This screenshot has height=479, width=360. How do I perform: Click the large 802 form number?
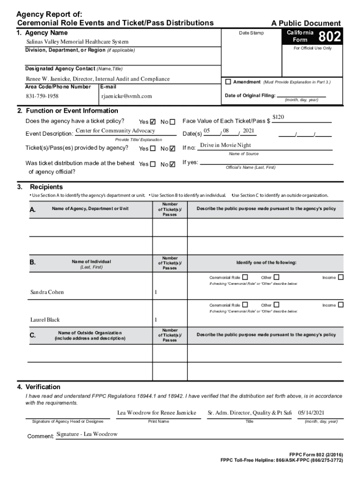coord(330,36)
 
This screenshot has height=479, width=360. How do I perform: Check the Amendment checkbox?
coord(228,82)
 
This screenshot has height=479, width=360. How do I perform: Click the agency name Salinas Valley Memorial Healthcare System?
coord(77,42)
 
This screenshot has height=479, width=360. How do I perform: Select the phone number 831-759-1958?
coord(42,96)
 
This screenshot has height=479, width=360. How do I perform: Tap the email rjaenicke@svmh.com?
coord(126,96)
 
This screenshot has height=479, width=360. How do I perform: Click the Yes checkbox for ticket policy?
coord(153,122)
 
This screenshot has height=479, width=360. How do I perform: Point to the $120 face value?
coord(279,117)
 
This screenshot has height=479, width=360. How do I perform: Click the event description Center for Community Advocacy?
coord(115,131)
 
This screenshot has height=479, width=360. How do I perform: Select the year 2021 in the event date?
coord(248,131)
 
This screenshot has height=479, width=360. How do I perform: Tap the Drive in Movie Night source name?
coord(225,145)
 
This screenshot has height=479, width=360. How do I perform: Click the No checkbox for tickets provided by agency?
coord(173,149)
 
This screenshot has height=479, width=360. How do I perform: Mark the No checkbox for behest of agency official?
coord(173,164)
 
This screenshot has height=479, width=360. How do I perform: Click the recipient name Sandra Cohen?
coord(47,292)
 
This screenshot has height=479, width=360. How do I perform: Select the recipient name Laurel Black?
coord(45,320)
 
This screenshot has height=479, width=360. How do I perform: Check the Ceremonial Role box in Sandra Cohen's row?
coord(245,277)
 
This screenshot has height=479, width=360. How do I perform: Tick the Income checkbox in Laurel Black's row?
coord(341,305)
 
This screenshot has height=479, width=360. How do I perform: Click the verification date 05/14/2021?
coord(311,413)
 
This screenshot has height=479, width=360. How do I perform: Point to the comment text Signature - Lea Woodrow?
coord(87,435)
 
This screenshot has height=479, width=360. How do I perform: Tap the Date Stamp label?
coord(251,33)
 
